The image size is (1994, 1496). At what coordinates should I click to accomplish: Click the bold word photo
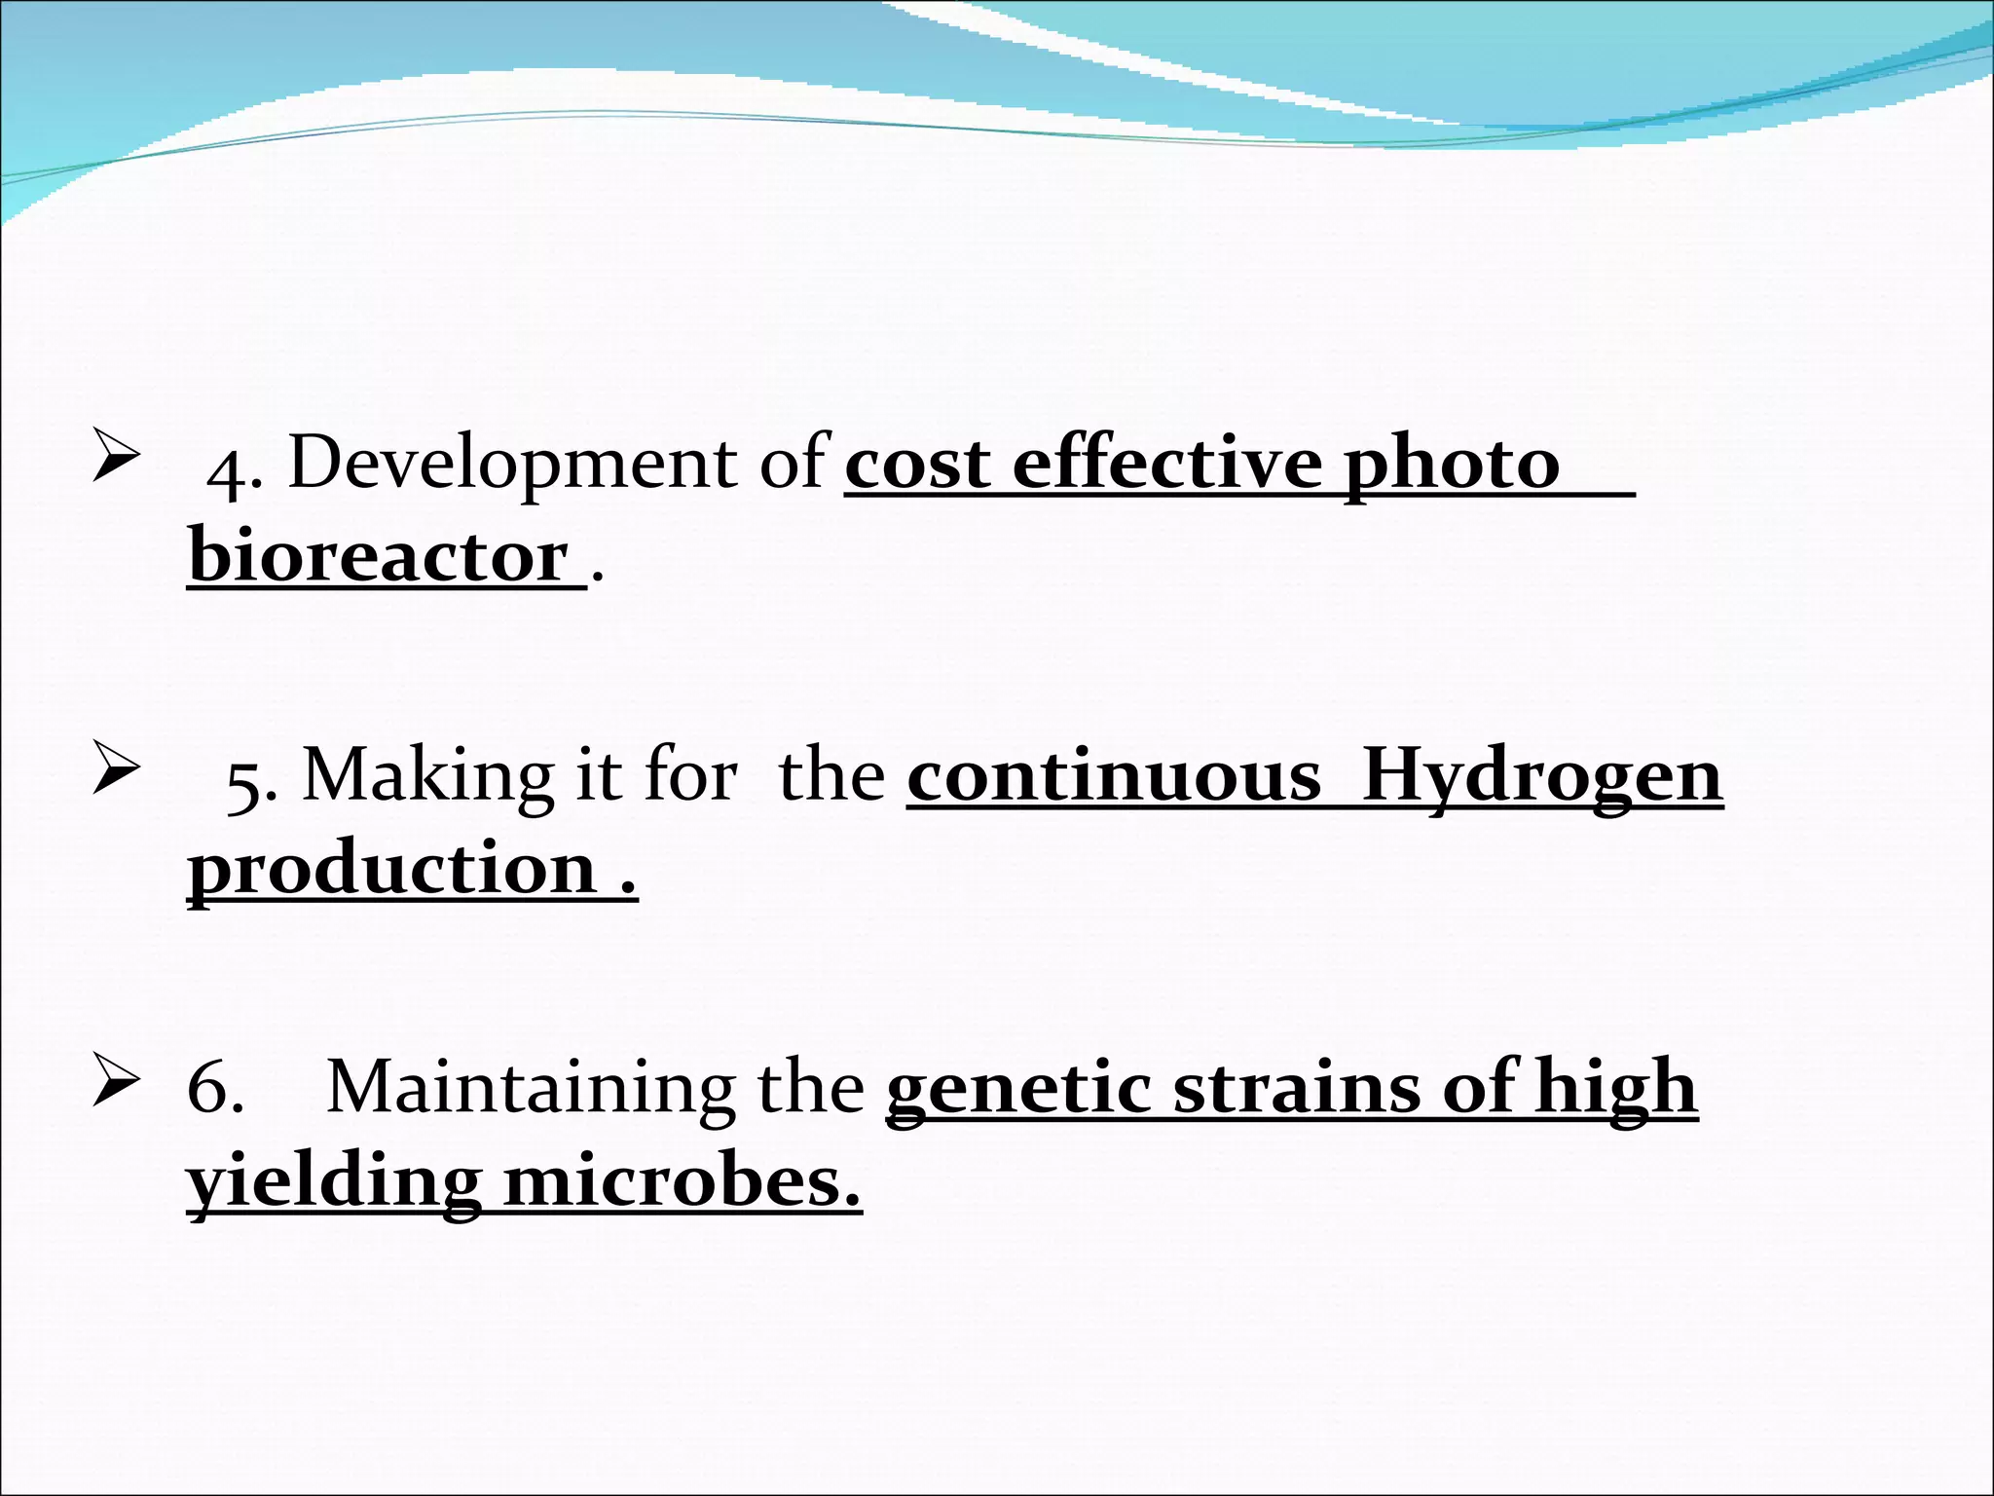coord(1452,466)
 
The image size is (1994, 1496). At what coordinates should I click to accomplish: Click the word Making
coord(426,776)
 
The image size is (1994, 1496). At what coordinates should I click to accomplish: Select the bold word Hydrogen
coord(1542,778)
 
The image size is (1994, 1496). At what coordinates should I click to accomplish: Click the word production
coord(391,870)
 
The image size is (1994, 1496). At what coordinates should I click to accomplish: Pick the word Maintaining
coord(530,1087)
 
